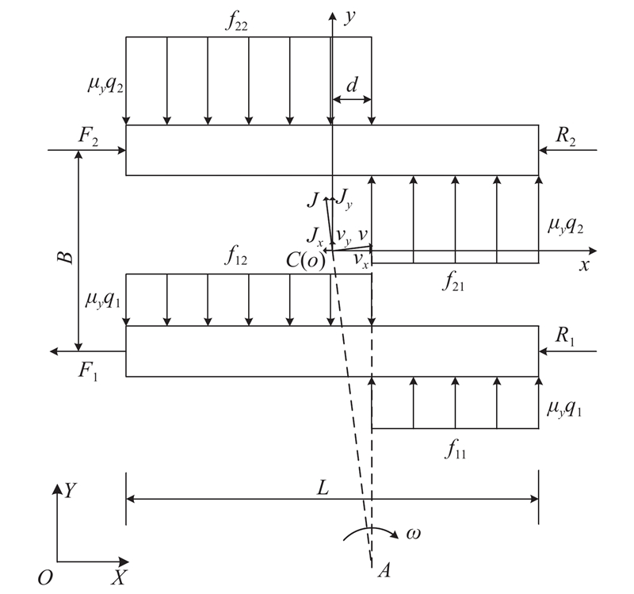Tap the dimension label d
pyautogui.click(x=351, y=86)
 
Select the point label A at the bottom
pyautogui.click(x=385, y=569)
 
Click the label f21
pyautogui.click(x=455, y=282)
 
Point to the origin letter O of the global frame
pyautogui.click(x=45, y=578)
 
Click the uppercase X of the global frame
pyautogui.click(x=119, y=578)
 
